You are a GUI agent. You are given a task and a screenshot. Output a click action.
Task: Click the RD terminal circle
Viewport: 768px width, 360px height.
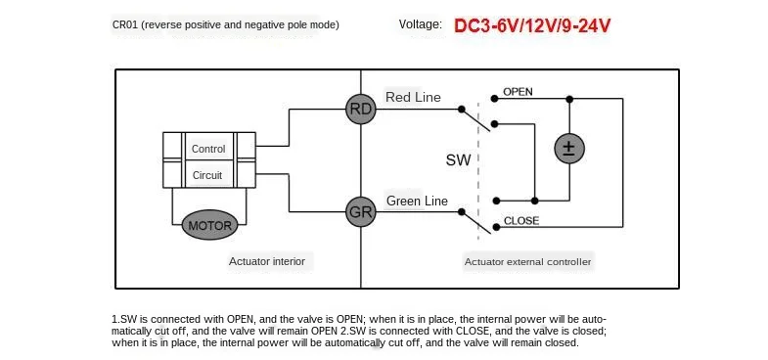pyautogui.click(x=361, y=109)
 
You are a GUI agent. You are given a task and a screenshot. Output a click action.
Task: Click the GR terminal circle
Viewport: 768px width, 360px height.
pyautogui.click(x=361, y=211)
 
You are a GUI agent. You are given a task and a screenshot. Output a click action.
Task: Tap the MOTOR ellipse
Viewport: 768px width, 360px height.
pyautogui.click(x=209, y=226)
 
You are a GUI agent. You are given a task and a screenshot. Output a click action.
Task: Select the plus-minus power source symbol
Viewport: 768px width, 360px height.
pyautogui.click(x=569, y=148)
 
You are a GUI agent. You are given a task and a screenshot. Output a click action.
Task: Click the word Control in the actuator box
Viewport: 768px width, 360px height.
pyautogui.click(x=208, y=149)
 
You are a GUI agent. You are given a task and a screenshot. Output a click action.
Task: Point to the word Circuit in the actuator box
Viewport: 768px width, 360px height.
pyautogui.click(x=207, y=175)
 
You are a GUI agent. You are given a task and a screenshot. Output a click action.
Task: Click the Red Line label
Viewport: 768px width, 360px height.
pyautogui.click(x=414, y=97)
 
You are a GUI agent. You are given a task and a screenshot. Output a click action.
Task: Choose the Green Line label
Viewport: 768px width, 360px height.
pyautogui.click(x=418, y=201)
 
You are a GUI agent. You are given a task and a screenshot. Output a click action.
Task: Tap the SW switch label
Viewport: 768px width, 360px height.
pyautogui.click(x=459, y=159)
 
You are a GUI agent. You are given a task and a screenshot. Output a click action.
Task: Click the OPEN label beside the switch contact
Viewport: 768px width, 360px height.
pyautogui.click(x=518, y=92)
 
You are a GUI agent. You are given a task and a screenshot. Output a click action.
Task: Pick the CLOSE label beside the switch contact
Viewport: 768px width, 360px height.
pyautogui.click(x=521, y=221)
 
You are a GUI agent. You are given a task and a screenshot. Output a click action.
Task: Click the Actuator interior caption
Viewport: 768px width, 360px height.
pyautogui.click(x=267, y=261)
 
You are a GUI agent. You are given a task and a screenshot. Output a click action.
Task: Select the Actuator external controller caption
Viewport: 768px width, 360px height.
pyautogui.click(x=528, y=262)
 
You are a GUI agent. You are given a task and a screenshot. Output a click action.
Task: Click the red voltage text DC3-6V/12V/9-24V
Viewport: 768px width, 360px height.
pyautogui.click(x=532, y=25)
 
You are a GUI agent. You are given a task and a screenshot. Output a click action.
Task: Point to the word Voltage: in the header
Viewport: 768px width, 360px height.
pyautogui.click(x=421, y=24)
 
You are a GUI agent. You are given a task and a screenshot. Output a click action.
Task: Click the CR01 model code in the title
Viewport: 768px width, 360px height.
pyautogui.click(x=125, y=24)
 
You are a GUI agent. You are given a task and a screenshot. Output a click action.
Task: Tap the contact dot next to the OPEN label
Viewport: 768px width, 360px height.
pyautogui.click(x=495, y=99)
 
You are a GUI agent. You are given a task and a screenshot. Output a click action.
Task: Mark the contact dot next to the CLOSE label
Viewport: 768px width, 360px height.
pyautogui.click(x=496, y=227)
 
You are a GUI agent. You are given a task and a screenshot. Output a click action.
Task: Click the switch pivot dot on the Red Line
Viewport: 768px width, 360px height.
pyautogui.click(x=462, y=110)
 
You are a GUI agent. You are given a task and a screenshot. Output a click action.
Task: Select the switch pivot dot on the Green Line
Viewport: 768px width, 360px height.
pyautogui.click(x=462, y=211)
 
